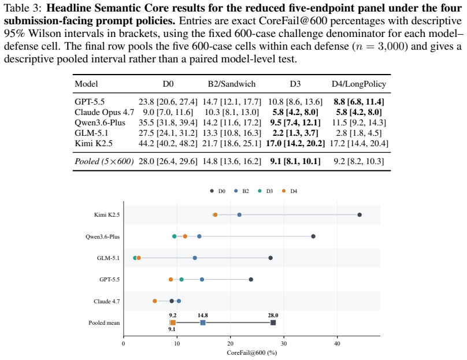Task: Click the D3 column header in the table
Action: pyautogui.click(x=295, y=84)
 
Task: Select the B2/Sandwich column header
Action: pyautogui.click(x=231, y=84)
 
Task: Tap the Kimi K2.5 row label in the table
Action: pyautogui.click(x=94, y=143)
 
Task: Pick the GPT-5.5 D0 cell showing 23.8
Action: pyautogui.click(x=168, y=102)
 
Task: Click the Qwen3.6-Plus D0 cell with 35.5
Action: pyautogui.click(x=168, y=123)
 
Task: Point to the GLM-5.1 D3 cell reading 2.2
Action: pyautogui.click(x=295, y=133)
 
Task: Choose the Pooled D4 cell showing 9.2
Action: pyautogui.click(x=358, y=161)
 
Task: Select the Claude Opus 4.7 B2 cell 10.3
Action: pyautogui.click(x=231, y=112)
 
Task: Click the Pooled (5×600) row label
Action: pyautogui.click(x=104, y=161)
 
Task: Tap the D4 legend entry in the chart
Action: pyautogui.click(x=290, y=191)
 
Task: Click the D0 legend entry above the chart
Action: pyautogui.click(x=217, y=191)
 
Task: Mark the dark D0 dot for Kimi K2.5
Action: pyautogui.click(x=359, y=215)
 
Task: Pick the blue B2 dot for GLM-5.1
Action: pyautogui.click(x=195, y=258)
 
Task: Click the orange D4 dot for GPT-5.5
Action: pyautogui.click(x=171, y=280)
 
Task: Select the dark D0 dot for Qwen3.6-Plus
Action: pyautogui.click(x=313, y=236)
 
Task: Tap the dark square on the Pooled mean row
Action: pyautogui.click(x=273, y=323)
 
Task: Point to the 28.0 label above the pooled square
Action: pyautogui.click(x=273, y=316)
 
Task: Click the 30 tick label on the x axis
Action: pyautogui.click(x=284, y=344)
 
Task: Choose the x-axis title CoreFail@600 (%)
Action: pyautogui.click(x=251, y=353)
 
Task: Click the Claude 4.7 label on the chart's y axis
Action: pyautogui.click(x=106, y=301)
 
